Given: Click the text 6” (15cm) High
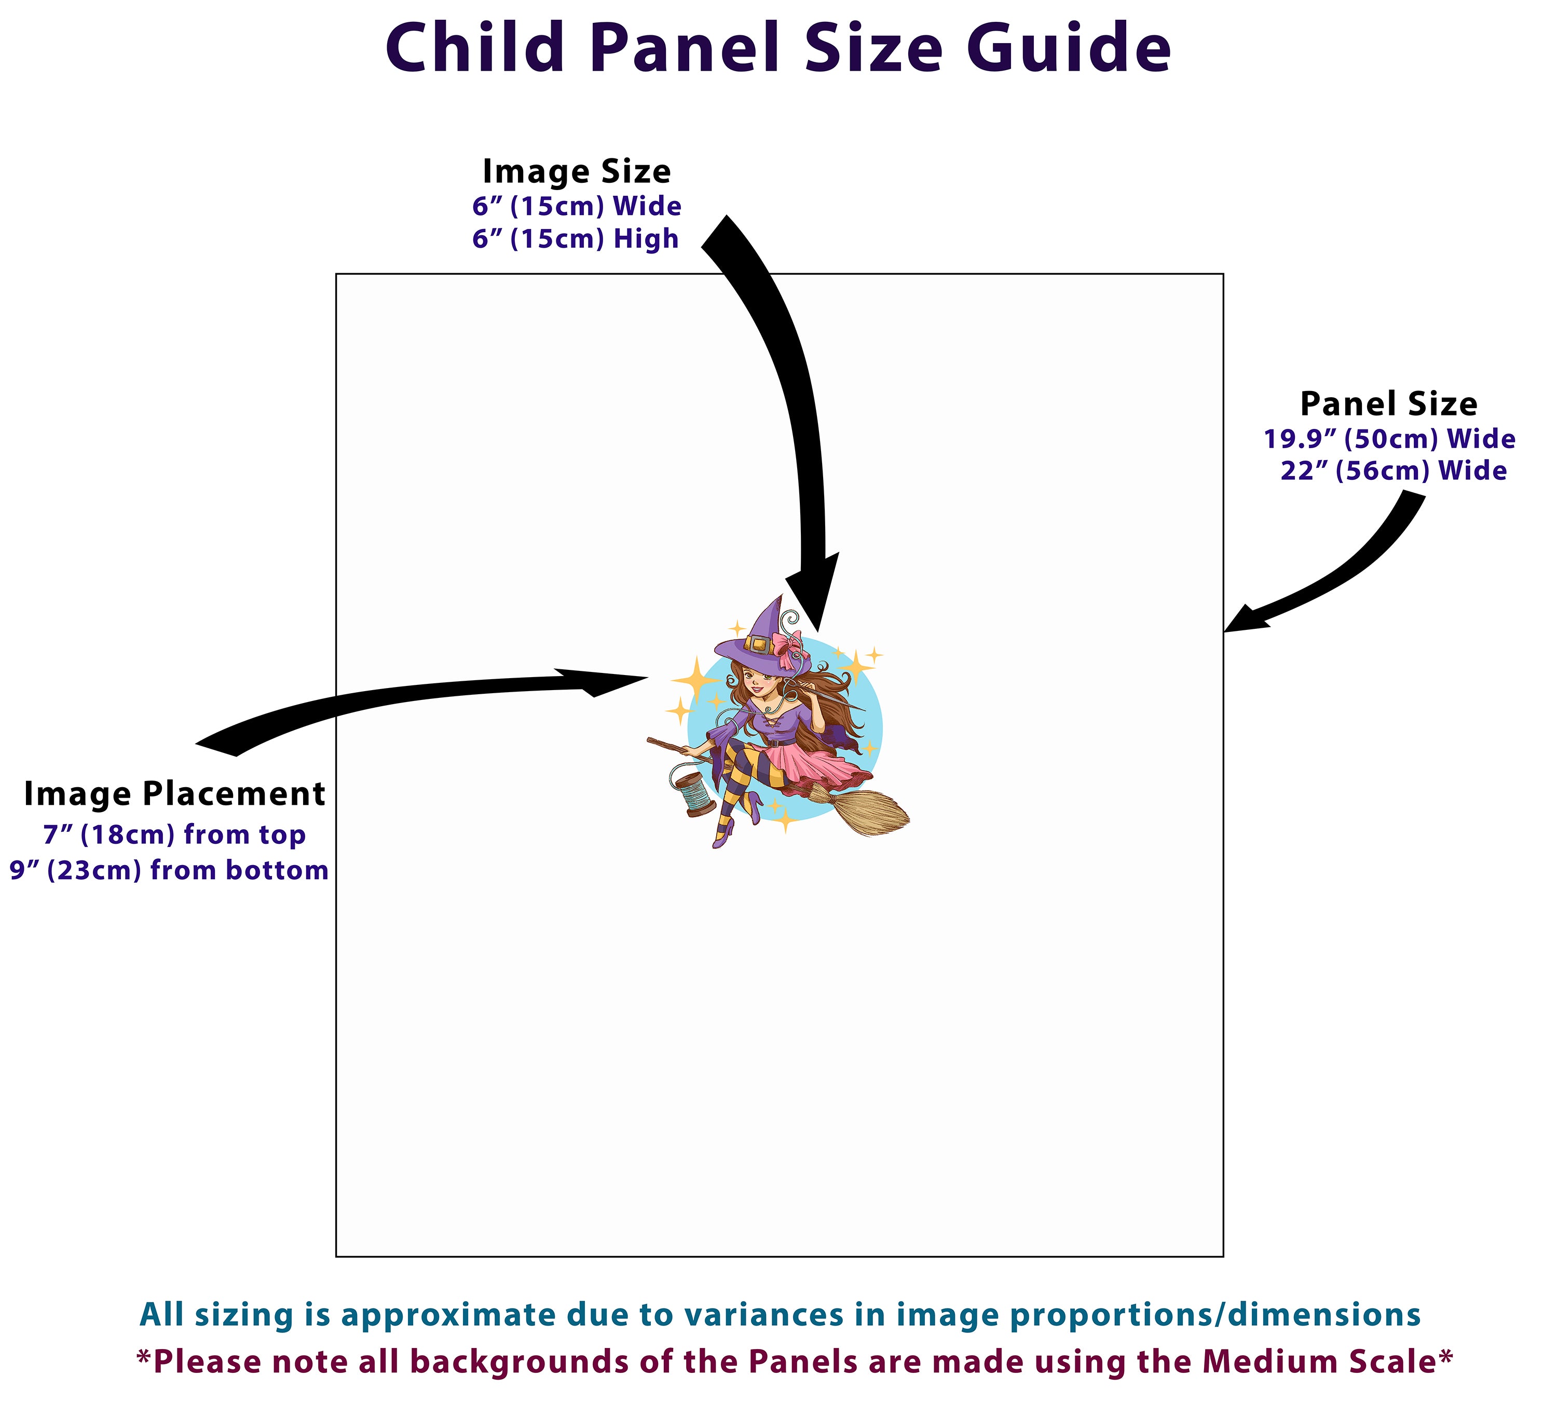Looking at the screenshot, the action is [x=575, y=239].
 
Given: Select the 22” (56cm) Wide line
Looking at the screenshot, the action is [x=1393, y=470].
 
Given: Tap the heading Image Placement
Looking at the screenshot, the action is [x=174, y=794].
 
